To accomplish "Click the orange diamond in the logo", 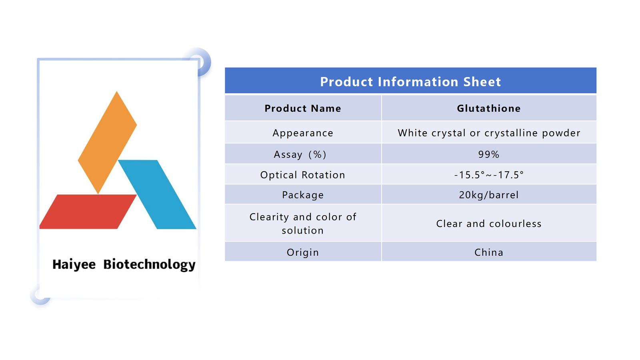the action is (x=108, y=142).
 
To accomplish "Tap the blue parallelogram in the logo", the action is (x=157, y=194).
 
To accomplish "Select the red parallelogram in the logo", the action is (x=88, y=212).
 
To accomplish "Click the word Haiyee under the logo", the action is (x=74, y=264).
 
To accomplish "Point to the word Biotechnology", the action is (x=150, y=265).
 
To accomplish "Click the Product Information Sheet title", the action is (x=410, y=82).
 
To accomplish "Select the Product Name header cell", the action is (x=303, y=108).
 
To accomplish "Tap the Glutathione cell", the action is (x=489, y=108).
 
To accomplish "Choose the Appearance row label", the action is (x=303, y=133).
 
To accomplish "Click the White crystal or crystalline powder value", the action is (x=489, y=133).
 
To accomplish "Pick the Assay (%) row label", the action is (x=300, y=154).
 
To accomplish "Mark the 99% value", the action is (x=489, y=154).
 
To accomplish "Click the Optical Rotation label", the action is (x=303, y=175).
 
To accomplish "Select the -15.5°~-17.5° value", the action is (x=489, y=175).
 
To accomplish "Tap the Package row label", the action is (x=303, y=195).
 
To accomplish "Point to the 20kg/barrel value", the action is (x=489, y=195).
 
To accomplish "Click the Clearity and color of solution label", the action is (x=303, y=224).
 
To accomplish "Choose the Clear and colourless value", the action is (x=489, y=224).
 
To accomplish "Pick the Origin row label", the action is (x=303, y=252).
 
